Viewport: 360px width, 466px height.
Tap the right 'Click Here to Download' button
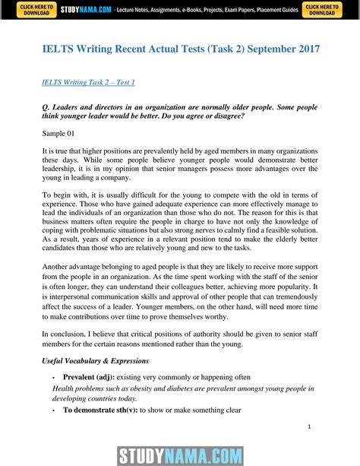point(322,9)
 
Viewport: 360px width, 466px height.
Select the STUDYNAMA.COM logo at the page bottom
point(179,455)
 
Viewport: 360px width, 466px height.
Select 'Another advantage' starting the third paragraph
point(74,290)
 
